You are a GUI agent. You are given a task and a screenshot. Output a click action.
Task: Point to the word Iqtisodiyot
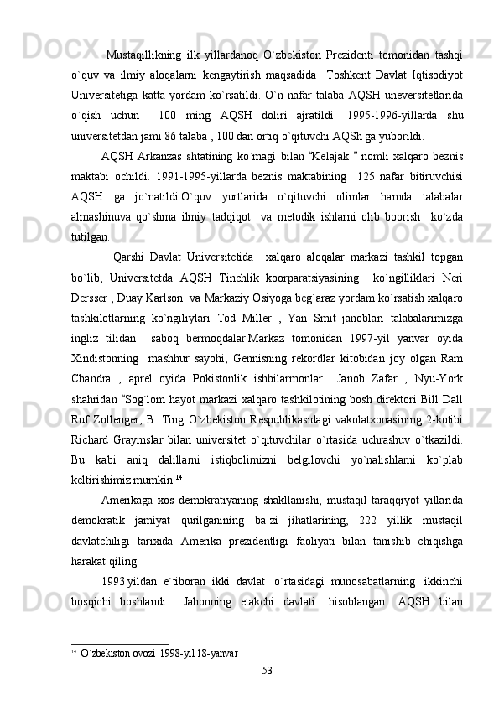coord(440,66)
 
